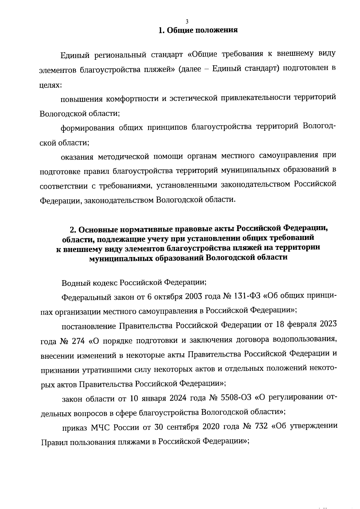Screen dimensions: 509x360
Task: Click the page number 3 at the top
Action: click(x=187, y=21)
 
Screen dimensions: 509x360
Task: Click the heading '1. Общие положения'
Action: click(x=198, y=30)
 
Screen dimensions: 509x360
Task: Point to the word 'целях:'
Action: click(x=51, y=85)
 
